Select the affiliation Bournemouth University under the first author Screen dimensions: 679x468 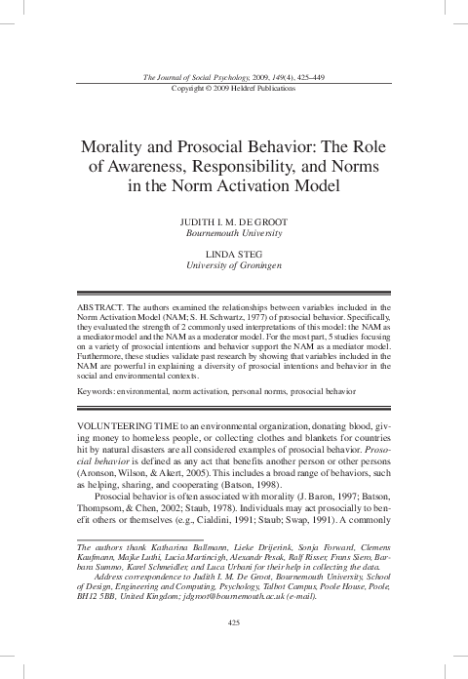(x=233, y=235)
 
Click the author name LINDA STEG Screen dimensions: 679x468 (x=233, y=254)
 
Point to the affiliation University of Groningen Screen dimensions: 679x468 (x=233, y=265)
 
